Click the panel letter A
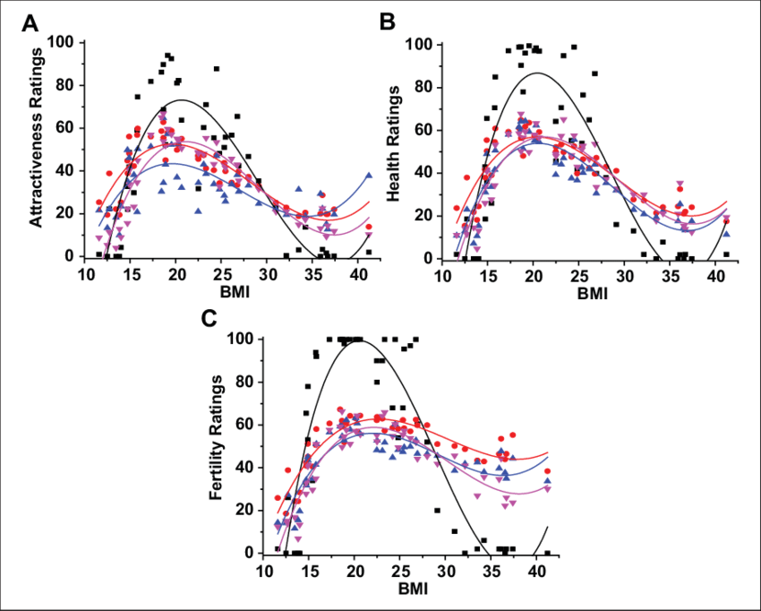point(30,24)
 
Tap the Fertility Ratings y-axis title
point(217,448)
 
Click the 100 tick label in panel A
point(64,43)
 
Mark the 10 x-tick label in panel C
point(263,571)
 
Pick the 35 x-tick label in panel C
point(492,571)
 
